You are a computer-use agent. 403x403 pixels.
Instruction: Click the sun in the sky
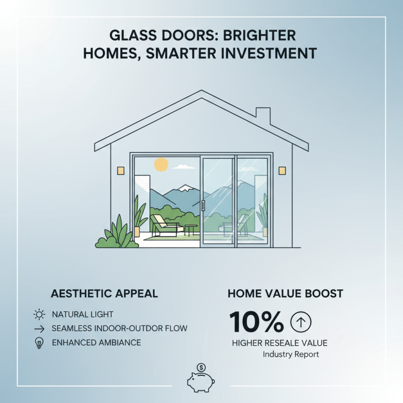pyautogui.click(x=161, y=164)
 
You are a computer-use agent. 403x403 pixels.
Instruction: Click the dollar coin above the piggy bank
pyautogui.click(x=201, y=367)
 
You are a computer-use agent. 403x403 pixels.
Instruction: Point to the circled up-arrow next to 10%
pyautogui.click(x=301, y=322)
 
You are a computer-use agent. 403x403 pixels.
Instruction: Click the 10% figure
pyautogui.click(x=256, y=322)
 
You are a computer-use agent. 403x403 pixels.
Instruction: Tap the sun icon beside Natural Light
pyautogui.click(x=39, y=315)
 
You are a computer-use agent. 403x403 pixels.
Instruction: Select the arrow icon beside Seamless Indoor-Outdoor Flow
pyautogui.click(x=39, y=328)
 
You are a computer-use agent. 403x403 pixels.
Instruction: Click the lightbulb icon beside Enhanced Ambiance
pyautogui.click(x=39, y=343)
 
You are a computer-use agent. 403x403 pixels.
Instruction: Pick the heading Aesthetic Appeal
pyautogui.click(x=104, y=294)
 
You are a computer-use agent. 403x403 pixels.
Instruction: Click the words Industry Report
pyautogui.click(x=291, y=355)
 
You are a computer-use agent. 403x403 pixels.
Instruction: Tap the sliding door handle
pyautogui.click(x=203, y=205)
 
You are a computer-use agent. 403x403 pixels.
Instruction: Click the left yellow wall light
pyautogui.click(x=121, y=171)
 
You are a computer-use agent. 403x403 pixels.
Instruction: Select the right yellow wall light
pyautogui.click(x=282, y=171)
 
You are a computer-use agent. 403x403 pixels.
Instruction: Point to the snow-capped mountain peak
pyautogui.click(x=185, y=187)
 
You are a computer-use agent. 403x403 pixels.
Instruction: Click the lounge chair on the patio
pyautogui.click(x=164, y=225)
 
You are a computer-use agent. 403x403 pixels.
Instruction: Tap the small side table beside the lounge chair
pyautogui.click(x=190, y=230)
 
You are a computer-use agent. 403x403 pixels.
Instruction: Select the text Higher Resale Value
pyautogui.click(x=280, y=343)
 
